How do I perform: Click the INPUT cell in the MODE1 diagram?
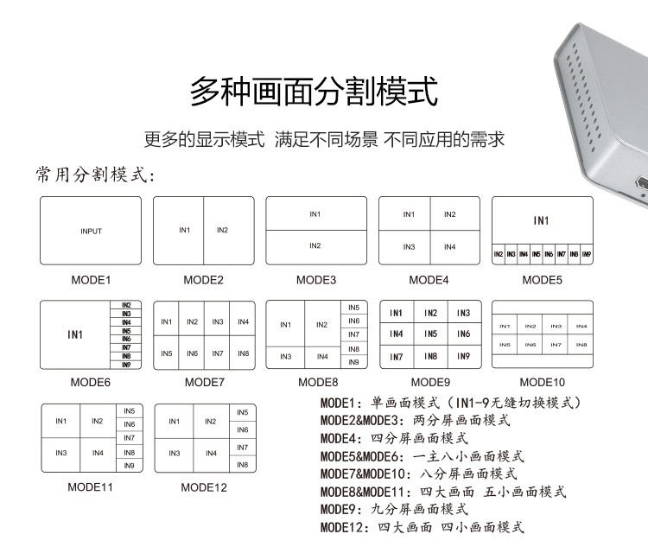tap(91, 231)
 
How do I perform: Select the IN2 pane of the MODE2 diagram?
tap(222, 230)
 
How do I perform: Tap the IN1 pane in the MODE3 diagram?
tap(315, 214)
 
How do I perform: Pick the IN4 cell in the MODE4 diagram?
tap(449, 247)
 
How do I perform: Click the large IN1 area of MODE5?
tap(541, 221)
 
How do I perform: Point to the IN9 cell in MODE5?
tap(587, 255)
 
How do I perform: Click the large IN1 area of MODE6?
tap(76, 334)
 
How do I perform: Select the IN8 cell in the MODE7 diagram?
tap(243, 353)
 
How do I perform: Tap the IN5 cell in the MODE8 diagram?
tap(353, 308)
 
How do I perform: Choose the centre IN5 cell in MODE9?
tap(429, 334)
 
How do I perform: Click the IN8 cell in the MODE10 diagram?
tap(581, 345)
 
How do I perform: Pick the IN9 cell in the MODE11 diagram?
tap(129, 466)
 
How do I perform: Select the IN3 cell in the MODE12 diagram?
tap(174, 453)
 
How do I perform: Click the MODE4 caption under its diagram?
tap(429, 280)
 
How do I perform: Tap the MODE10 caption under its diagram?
tap(542, 381)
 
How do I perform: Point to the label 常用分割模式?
tap(95, 175)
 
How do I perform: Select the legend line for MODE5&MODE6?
tap(422, 455)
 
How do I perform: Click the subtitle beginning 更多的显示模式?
tap(324, 139)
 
